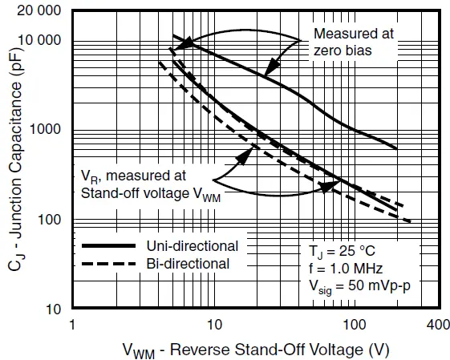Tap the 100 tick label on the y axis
point(51,220)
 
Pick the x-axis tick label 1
point(73,326)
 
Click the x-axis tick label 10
point(214,326)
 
